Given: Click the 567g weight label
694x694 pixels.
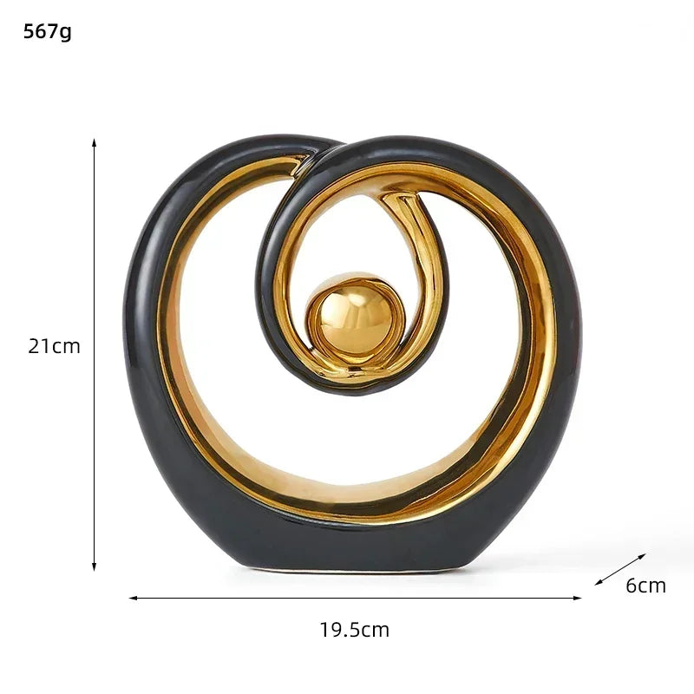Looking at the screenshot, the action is tap(48, 32).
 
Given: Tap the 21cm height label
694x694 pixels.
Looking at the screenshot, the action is tap(54, 346).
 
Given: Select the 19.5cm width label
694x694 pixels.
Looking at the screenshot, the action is tap(355, 630).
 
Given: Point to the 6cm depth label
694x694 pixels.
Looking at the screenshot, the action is tap(645, 586).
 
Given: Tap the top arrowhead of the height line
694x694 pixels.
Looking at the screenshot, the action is tap(94, 141).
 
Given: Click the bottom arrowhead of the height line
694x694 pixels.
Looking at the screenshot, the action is tap(94, 566).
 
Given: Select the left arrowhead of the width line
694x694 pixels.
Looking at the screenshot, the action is tap(133, 598).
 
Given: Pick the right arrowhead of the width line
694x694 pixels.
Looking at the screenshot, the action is tap(577, 598).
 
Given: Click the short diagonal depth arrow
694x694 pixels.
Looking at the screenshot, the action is tap(620, 569).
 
